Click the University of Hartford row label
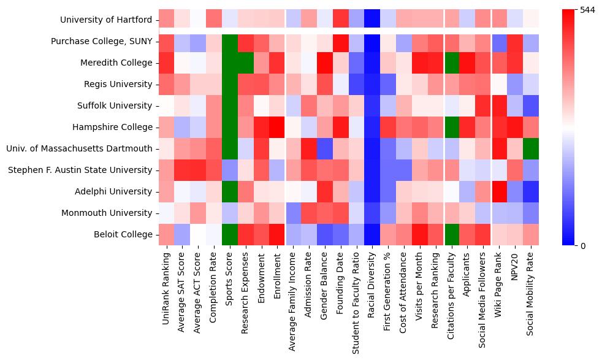tap(106, 20)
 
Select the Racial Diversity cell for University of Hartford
tap(373, 20)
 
